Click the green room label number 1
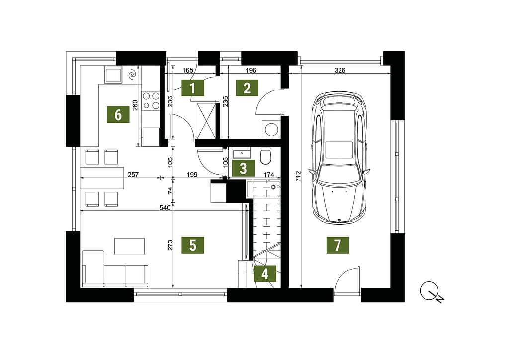coord(192,88)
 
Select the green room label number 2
coord(247,88)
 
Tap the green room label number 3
coord(243,168)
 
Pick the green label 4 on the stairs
coord(265,273)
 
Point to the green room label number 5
coord(193,245)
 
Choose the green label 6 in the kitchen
coord(118,114)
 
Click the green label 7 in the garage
coord(338,245)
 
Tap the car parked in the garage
coord(339,158)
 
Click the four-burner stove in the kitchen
coord(151,100)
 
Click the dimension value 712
coord(298,176)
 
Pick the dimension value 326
coord(340,70)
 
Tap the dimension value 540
coord(165,207)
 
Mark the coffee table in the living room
coord(130,246)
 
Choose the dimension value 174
coord(269,175)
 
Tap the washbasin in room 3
coord(242,152)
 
